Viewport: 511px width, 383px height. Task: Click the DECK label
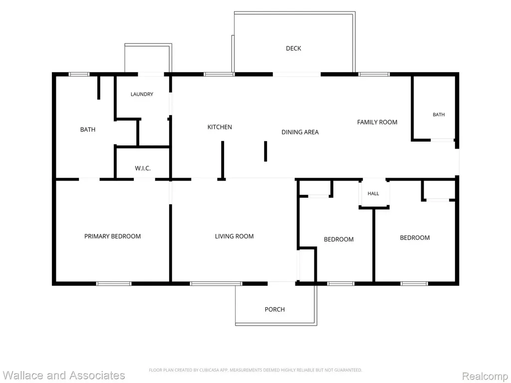click(x=293, y=48)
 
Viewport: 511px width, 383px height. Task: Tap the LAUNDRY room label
click(x=142, y=94)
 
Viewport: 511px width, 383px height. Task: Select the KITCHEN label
click(x=220, y=127)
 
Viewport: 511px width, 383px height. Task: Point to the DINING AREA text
click(x=300, y=132)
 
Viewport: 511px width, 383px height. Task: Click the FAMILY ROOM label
click(x=377, y=122)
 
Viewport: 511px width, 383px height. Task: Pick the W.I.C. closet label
click(x=143, y=168)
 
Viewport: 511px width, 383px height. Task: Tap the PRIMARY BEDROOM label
click(x=112, y=236)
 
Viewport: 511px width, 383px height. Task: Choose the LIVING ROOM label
click(x=234, y=236)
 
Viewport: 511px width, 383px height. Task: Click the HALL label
click(x=373, y=193)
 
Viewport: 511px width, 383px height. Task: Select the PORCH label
click(x=274, y=309)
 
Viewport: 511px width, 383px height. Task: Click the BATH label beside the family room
click(x=439, y=114)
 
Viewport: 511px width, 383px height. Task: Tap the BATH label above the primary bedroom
click(x=88, y=129)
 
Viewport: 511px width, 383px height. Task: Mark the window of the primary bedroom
click(x=114, y=284)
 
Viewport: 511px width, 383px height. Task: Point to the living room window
click(x=216, y=284)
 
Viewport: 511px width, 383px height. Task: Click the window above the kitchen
click(x=219, y=74)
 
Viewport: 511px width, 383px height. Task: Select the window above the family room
click(x=374, y=74)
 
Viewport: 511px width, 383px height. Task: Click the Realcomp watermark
click(x=485, y=376)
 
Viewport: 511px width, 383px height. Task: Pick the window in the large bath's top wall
click(x=79, y=74)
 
